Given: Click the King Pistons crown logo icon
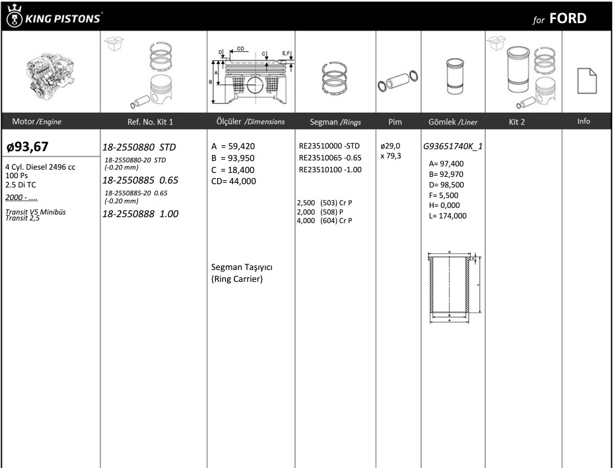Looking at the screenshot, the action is (x=15, y=16).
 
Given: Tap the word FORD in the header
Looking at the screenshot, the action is (x=568, y=18).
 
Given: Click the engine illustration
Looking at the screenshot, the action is (x=50, y=75).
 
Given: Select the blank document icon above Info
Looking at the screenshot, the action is (x=587, y=81).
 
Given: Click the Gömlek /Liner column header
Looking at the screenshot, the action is (x=453, y=122).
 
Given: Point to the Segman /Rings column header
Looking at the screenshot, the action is (x=335, y=122).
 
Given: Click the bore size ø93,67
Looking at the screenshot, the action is (x=28, y=147).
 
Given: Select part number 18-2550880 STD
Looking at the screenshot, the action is (x=139, y=147).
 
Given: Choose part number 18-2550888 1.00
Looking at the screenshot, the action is (x=140, y=214).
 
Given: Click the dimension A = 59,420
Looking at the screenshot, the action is (x=233, y=146).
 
